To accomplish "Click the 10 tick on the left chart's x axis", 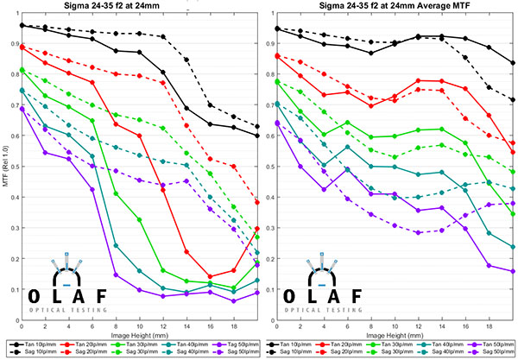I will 140,323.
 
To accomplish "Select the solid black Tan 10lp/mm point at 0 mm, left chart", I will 22,26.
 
